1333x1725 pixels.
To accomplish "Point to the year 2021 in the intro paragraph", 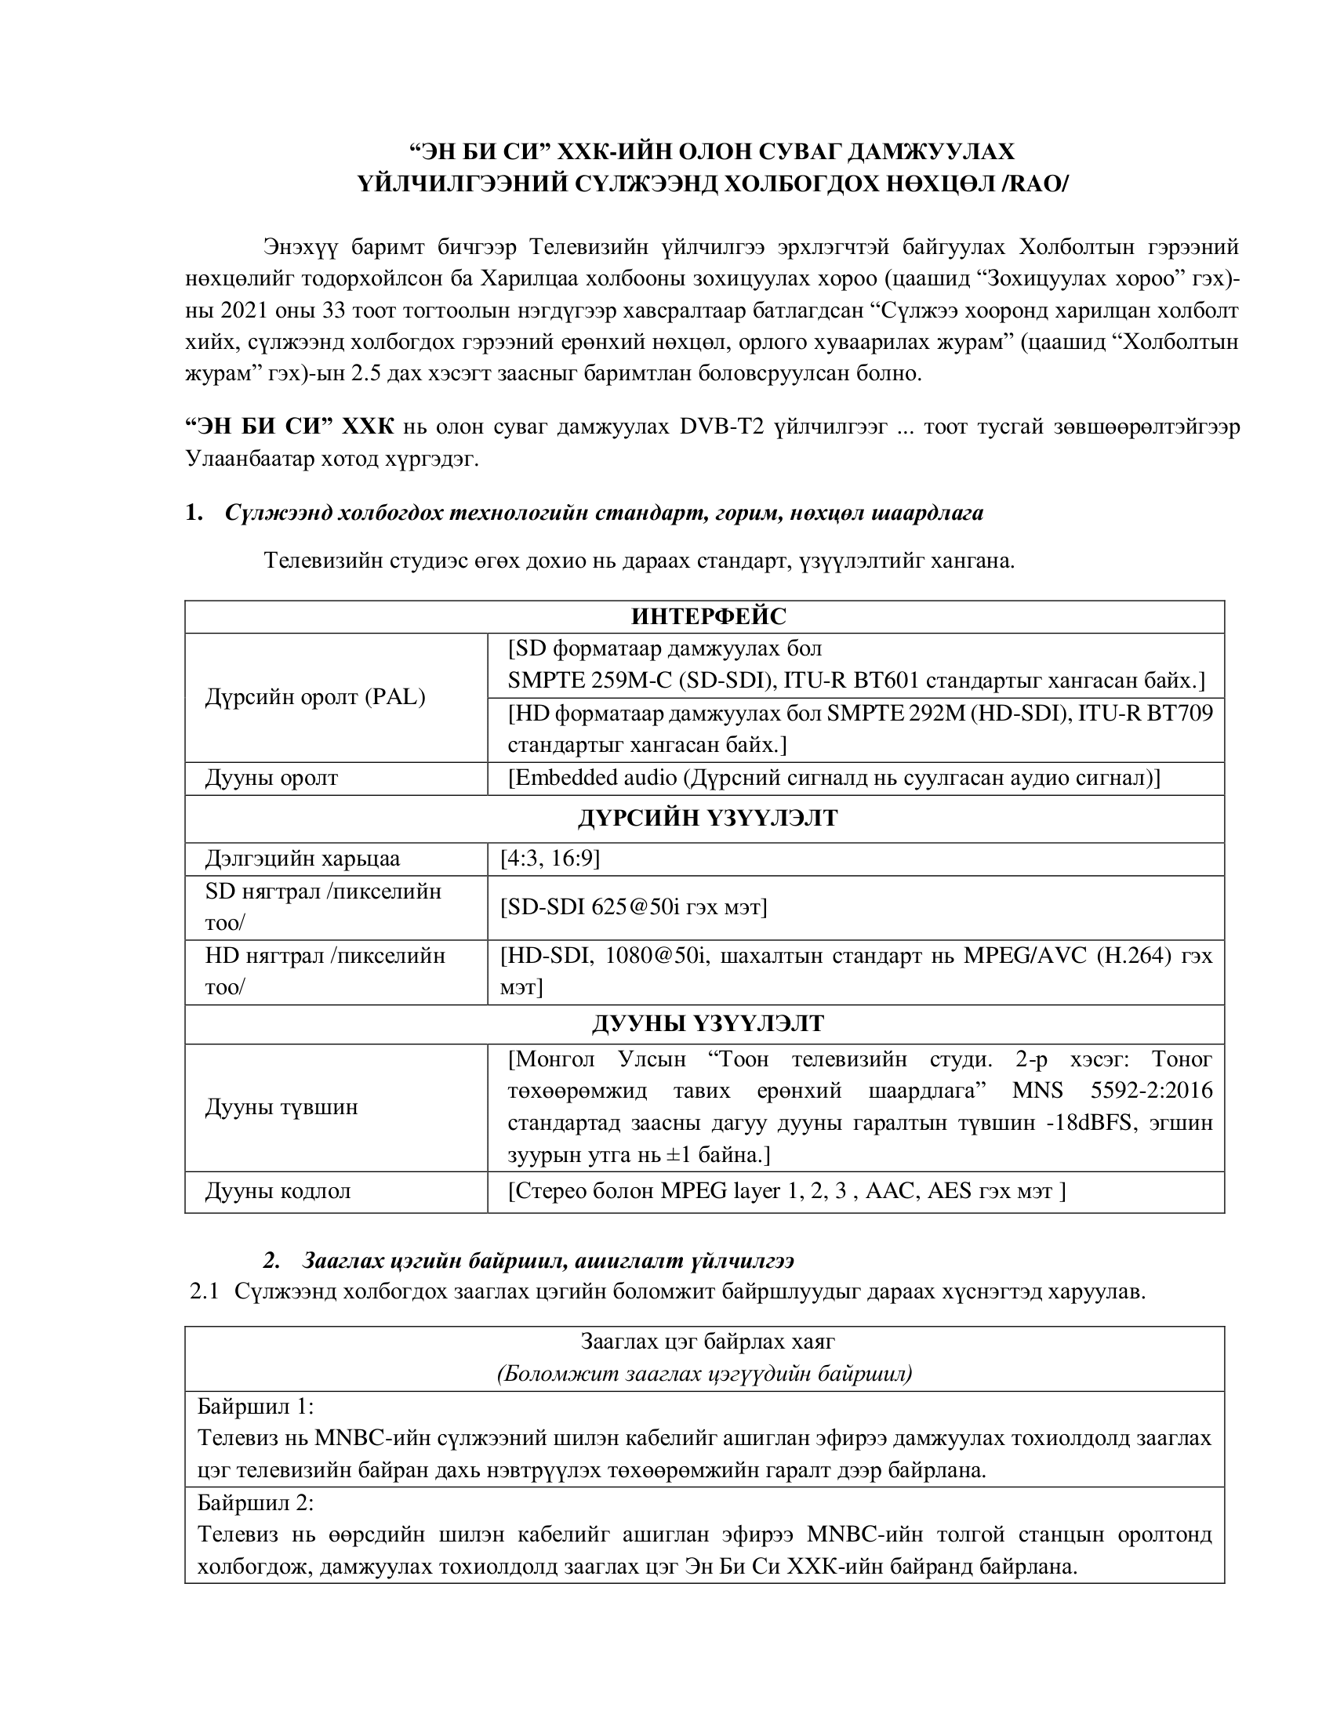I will point(246,310).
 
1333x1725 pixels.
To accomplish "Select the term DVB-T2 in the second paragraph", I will point(721,427).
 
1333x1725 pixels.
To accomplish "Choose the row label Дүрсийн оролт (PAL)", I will point(315,697).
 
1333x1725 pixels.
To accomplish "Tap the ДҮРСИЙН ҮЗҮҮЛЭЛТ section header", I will point(707,819).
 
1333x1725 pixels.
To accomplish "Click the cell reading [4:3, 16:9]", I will point(550,859).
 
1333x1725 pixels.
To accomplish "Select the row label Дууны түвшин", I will point(282,1107).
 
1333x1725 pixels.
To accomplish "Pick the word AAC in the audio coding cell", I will point(888,1190).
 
